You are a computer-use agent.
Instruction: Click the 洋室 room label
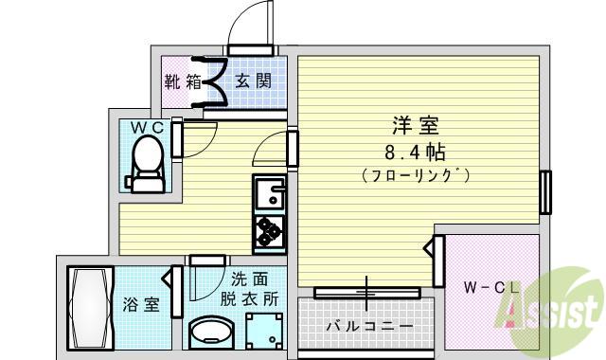pos(416,125)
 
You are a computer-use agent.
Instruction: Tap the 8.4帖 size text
pos(415,153)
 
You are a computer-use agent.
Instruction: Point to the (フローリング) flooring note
pos(416,175)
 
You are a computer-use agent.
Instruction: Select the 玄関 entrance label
pos(253,81)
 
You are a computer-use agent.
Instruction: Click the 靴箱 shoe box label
pos(183,81)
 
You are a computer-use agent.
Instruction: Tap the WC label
pos(148,128)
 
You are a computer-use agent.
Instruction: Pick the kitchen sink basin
pos(270,192)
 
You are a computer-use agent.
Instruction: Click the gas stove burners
pos(269,232)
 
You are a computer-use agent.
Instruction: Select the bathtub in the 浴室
pos(91,308)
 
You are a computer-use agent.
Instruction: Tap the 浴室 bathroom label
pos(141,304)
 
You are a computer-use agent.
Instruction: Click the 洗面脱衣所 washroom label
pos(249,289)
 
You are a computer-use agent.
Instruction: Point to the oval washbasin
pos(210,333)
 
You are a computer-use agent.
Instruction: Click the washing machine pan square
pos(265,332)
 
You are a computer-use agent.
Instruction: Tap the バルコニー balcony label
pos(369,327)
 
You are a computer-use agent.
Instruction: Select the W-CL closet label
pos(490,287)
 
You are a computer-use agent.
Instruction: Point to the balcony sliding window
pos(366,293)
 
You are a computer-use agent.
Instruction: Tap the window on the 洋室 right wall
pos(545,192)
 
